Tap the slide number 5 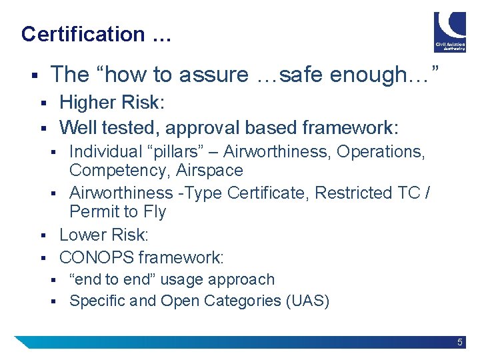460,342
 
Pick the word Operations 380,151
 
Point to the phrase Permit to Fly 117,212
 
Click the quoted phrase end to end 113,279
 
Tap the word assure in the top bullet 216,75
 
